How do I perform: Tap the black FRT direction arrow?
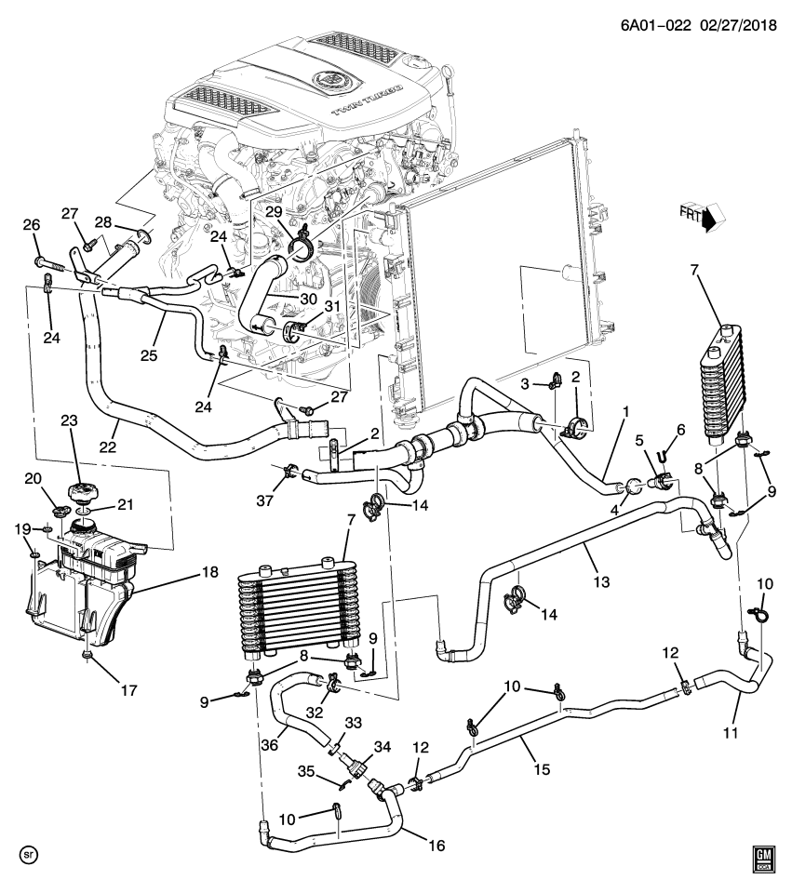point(711,221)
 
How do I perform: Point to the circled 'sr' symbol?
point(28,853)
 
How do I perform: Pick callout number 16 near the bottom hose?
point(434,846)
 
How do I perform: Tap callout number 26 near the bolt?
point(31,225)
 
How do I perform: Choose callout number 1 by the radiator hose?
point(626,411)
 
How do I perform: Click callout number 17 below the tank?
point(128,691)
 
